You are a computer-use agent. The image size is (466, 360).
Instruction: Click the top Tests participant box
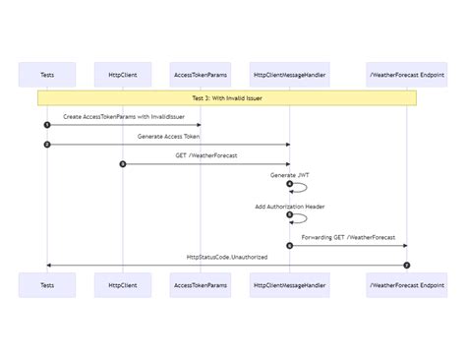pyautogui.click(x=46, y=74)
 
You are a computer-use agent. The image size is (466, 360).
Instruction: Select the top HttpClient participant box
pyautogui.click(x=123, y=74)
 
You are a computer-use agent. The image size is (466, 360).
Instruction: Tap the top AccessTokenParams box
pyautogui.click(x=202, y=74)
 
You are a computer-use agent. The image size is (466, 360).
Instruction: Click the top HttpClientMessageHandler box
pyautogui.click(x=289, y=74)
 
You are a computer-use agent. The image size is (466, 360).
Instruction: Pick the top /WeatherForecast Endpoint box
pyautogui.click(x=407, y=74)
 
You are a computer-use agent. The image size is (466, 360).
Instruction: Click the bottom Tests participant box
pyautogui.click(x=46, y=285)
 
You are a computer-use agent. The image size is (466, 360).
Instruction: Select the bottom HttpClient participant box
pyautogui.click(x=123, y=285)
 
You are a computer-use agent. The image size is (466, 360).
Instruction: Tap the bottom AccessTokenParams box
pyautogui.click(x=202, y=285)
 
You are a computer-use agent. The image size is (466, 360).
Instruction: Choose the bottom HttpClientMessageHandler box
pyautogui.click(x=289, y=285)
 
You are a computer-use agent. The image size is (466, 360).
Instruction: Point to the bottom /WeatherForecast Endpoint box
pyautogui.click(x=407, y=285)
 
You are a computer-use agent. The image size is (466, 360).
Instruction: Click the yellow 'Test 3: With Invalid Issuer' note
pyautogui.click(x=227, y=98)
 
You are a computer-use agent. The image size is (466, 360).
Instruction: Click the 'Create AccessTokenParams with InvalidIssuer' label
pyautogui.click(x=124, y=116)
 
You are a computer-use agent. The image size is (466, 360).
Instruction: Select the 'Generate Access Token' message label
pyautogui.click(x=168, y=136)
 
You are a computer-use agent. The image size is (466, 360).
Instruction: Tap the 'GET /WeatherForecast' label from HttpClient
pyautogui.click(x=206, y=155)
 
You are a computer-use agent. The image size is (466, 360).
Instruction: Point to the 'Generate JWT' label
pyautogui.click(x=289, y=175)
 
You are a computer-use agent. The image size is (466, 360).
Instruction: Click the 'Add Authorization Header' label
pyautogui.click(x=289, y=207)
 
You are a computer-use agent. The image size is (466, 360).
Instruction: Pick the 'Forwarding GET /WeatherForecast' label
pyautogui.click(x=348, y=237)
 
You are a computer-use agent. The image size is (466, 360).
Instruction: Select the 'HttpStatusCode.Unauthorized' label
pyautogui.click(x=227, y=257)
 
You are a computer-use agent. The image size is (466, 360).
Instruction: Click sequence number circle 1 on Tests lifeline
pyautogui.click(x=46, y=125)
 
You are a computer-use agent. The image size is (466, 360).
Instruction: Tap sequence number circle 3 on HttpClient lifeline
pyautogui.click(x=123, y=164)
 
